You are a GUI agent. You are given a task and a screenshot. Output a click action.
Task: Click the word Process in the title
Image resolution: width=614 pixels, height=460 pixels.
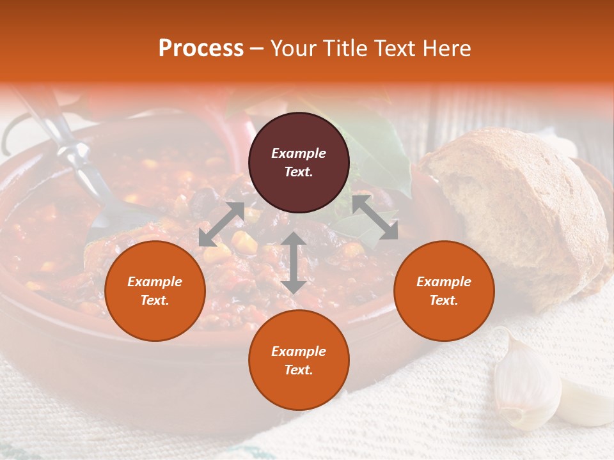201,49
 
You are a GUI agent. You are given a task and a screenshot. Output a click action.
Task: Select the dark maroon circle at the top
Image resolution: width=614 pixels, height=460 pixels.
299,162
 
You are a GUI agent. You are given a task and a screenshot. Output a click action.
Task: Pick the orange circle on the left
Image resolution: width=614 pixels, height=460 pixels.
155,291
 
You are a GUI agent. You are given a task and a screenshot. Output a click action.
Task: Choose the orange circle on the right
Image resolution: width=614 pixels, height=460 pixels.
444,291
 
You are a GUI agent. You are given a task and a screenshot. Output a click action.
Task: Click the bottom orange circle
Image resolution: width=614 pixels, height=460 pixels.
299,360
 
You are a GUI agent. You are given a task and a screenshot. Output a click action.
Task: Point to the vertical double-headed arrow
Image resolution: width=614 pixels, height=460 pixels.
294,263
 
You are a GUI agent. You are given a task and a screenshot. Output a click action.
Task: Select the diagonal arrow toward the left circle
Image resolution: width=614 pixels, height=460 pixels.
221,224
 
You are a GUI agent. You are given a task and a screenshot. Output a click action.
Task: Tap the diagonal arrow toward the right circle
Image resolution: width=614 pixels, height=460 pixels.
375,217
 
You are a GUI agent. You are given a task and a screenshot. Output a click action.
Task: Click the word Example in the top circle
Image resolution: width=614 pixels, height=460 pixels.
299,153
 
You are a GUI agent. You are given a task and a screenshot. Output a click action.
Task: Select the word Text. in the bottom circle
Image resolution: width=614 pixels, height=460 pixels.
299,370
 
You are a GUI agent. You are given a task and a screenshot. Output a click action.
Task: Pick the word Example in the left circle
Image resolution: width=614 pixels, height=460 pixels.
155,282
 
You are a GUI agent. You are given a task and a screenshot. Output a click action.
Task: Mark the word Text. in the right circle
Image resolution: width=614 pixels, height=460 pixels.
444,300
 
